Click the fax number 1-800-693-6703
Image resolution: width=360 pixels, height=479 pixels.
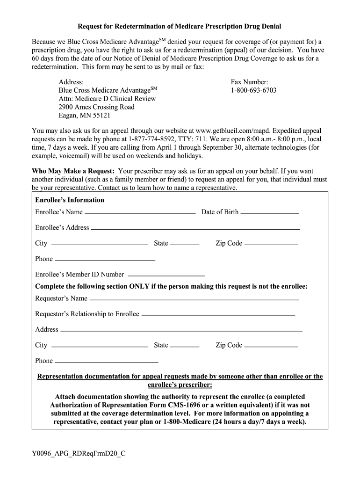coord(253,90)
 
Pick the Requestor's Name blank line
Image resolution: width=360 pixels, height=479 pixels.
coord(194,299)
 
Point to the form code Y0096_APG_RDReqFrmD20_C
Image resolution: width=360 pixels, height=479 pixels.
coord(79,453)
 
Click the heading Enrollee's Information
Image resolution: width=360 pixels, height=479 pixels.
coord(70,200)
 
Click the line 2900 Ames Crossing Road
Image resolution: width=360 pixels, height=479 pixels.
coord(96,107)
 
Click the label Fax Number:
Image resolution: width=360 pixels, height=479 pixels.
coord(249,81)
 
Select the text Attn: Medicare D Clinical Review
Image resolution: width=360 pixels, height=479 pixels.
coord(107,99)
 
